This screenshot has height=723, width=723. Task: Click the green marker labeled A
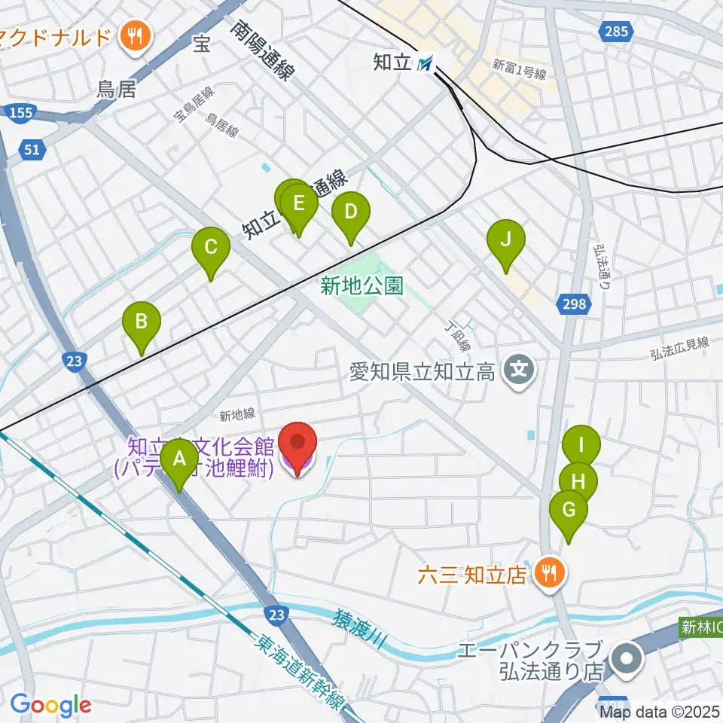[x=179, y=461]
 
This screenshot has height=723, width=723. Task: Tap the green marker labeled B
[x=142, y=324]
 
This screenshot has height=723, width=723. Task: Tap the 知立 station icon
[x=428, y=64]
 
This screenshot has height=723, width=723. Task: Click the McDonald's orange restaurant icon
[x=136, y=34]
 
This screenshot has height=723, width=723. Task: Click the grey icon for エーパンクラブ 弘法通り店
[x=625, y=660]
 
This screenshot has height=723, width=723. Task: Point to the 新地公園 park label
[x=361, y=286]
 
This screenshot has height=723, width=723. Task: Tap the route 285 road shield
[x=615, y=31]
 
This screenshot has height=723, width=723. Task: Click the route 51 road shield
[x=31, y=150]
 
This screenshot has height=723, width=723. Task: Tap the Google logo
[x=50, y=705]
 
